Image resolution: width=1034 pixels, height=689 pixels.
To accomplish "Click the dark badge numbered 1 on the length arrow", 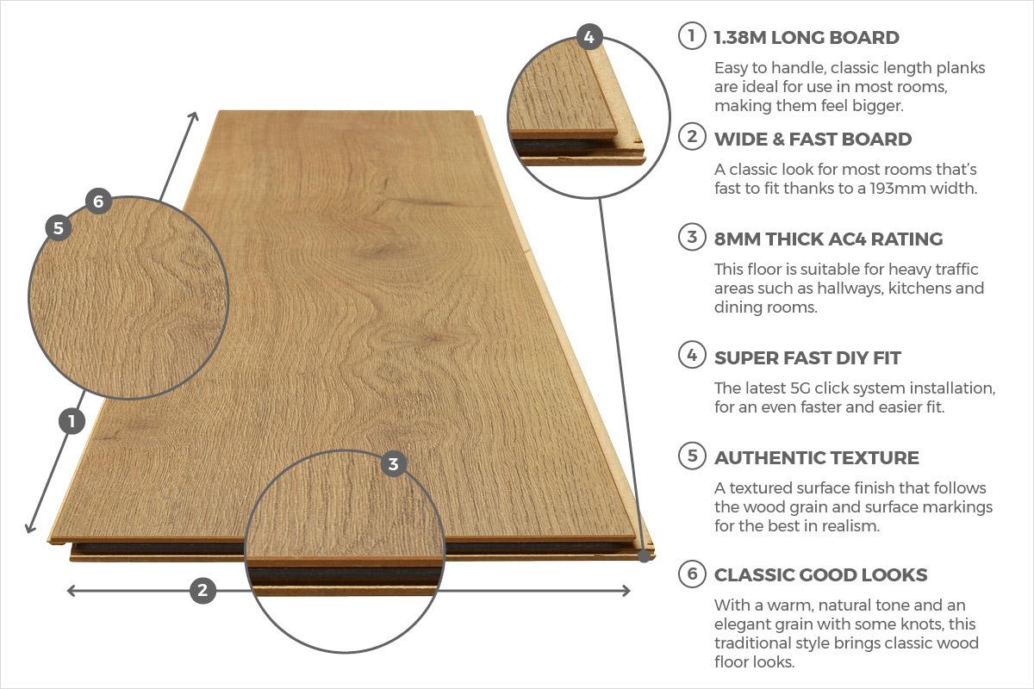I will click(72, 421).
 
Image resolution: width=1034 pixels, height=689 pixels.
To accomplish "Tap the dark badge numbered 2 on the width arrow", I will click(202, 590).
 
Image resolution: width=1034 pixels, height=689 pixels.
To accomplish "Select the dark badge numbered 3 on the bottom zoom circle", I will click(393, 464).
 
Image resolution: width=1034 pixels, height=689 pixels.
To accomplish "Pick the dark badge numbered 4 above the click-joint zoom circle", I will click(589, 36).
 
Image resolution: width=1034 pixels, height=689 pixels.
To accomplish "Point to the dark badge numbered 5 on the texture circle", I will click(58, 228).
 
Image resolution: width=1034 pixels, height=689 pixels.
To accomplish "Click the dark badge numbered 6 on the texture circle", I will click(98, 202).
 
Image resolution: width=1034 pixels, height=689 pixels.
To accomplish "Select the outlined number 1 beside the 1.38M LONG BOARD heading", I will click(691, 37).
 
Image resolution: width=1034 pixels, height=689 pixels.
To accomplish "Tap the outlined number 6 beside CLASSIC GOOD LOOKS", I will click(691, 574).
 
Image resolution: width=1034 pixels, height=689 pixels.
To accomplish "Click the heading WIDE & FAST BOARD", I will click(813, 139).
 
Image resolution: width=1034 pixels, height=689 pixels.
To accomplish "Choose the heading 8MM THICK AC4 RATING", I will click(828, 239).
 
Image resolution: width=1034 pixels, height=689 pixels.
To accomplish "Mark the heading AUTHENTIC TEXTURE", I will click(816, 457).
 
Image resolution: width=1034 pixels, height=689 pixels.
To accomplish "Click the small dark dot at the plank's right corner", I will click(644, 556).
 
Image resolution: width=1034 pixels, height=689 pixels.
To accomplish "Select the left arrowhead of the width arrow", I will click(70, 590).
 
